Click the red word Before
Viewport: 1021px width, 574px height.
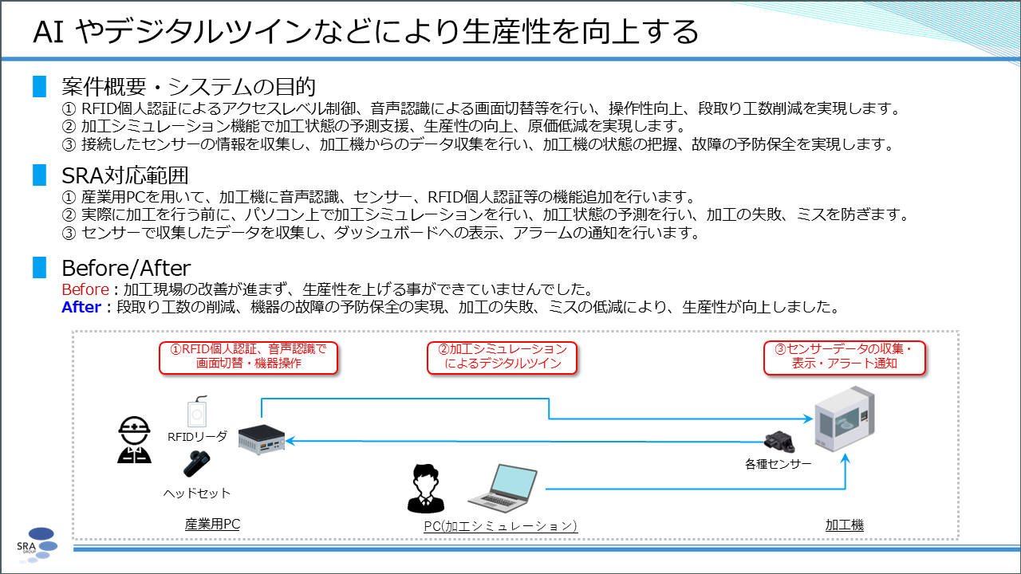click(85, 289)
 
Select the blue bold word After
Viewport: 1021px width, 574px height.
click(81, 307)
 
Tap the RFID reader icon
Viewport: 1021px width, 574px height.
click(197, 411)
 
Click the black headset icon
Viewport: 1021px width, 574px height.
click(197, 464)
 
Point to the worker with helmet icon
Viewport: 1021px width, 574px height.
click(134, 439)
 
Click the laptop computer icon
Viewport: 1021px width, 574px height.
click(503, 489)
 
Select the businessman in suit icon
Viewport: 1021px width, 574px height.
click(426, 489)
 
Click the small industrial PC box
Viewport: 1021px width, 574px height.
click(262, 439)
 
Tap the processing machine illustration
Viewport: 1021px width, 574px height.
click(845, 419)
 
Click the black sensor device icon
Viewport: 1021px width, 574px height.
click(779, 441)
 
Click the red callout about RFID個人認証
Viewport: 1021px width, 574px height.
click(248, 358)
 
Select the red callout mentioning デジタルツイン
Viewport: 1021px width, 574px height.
click(502, 358)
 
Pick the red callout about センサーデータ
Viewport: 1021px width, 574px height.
click(845, 358)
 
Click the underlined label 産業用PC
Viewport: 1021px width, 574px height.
click(212, 525)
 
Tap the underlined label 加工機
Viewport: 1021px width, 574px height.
click(845, 525)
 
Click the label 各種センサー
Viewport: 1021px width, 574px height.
click(778, 464)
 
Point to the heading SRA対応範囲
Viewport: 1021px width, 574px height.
click(125, 175)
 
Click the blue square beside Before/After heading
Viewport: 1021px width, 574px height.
click(40, 267)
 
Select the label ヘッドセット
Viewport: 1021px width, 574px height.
click(197, 493)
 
